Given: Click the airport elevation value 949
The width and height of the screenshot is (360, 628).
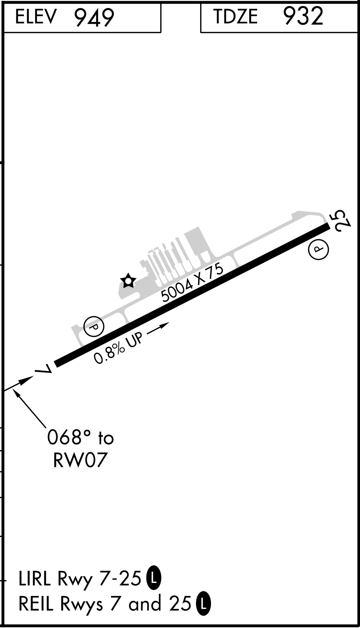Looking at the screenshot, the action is click(x=94, y=17).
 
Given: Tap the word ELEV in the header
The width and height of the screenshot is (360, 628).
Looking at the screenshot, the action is click(x=36, y=17).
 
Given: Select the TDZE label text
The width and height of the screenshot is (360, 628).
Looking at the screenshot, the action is click(x=236, y=16).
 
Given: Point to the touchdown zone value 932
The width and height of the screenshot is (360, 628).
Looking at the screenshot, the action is click(x=303, y=16).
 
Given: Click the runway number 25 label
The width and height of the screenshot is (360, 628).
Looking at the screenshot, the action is click(x=342, y=220).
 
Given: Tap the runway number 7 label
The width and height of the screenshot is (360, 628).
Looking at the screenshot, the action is click(x=44, y=369).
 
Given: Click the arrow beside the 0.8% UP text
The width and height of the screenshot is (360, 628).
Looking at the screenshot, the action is click(x=158, y=328).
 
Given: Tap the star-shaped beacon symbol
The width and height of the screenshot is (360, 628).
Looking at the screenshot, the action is click(x=128, y=281).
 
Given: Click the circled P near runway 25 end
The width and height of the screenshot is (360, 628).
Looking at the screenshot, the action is click(x=318, y=249).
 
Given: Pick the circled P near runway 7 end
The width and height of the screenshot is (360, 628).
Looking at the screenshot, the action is click(x=94, y=326).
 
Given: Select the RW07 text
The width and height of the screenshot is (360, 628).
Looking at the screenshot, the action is click(x=80, y=460).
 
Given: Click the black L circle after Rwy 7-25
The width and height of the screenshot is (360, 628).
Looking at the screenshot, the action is click(x=154, y=578).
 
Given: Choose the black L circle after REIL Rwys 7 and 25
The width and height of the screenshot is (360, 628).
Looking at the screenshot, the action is click(x=204, y=604).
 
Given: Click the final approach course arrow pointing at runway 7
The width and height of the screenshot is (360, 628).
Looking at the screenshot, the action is click(x=19, y=383).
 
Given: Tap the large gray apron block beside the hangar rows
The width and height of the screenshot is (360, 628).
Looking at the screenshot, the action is click(x=198, y=242).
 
